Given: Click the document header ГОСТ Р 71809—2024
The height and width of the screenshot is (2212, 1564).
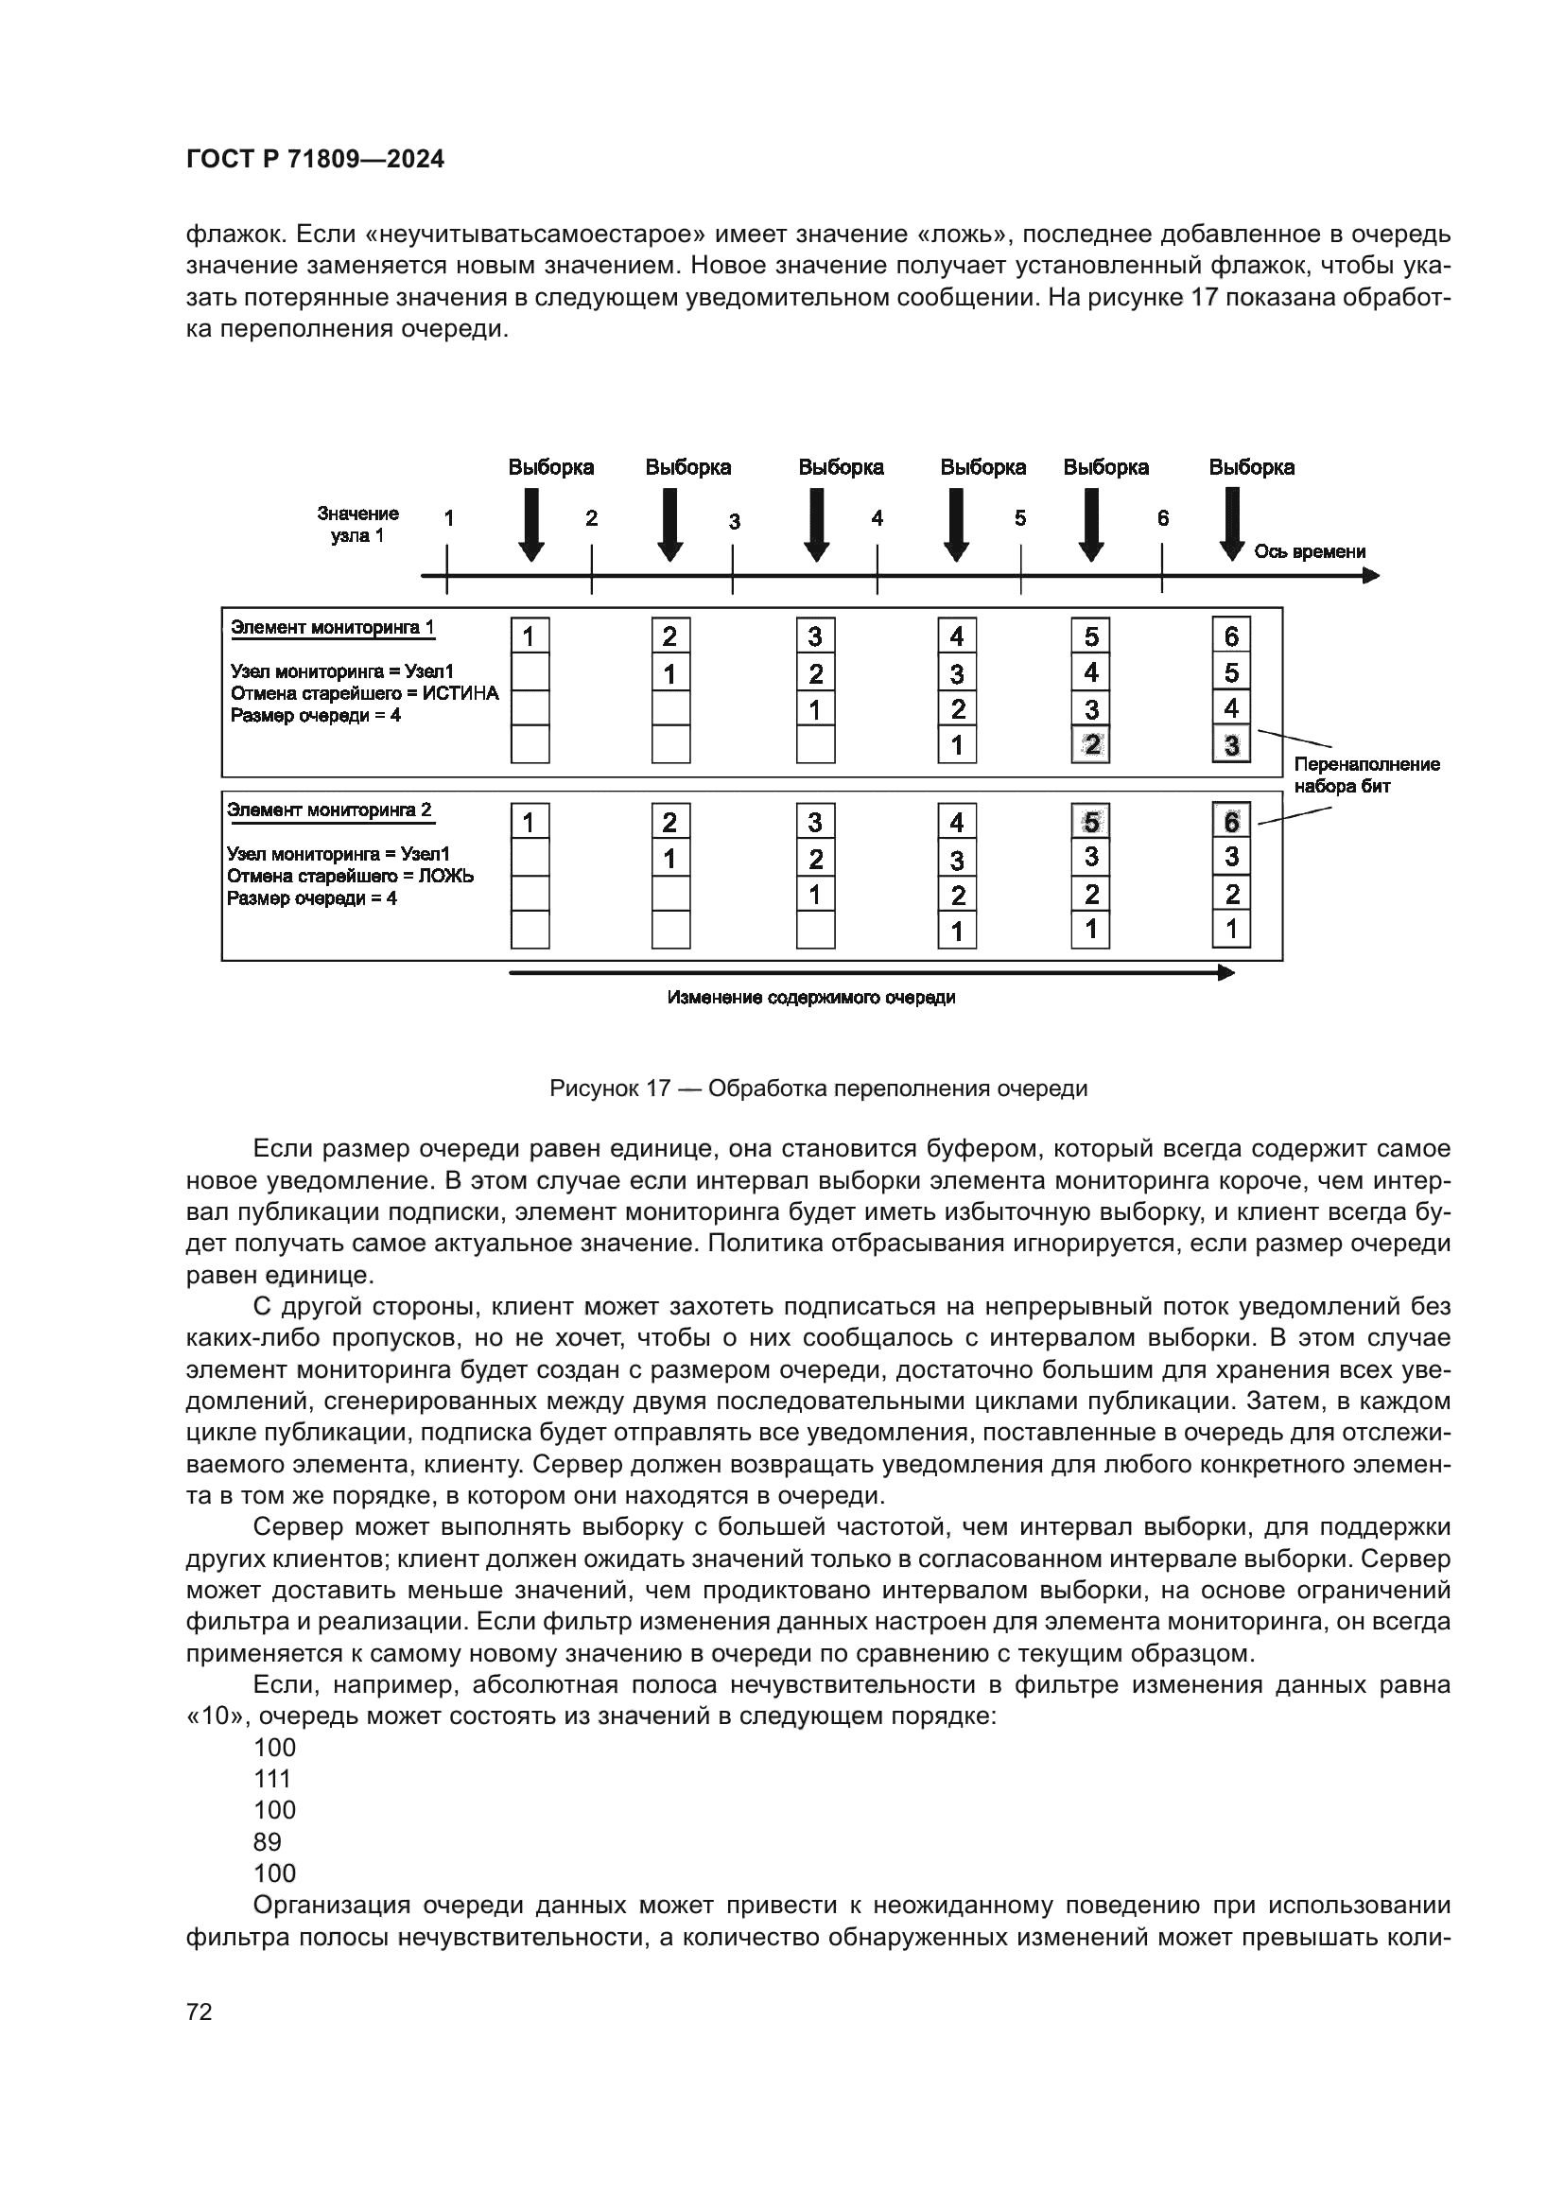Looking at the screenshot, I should [315, 160].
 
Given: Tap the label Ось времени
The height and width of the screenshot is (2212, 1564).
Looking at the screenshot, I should [1309, 552].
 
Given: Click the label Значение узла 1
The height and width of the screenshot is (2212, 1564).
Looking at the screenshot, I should [357, 524].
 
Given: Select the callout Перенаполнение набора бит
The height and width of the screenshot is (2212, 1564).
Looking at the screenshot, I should [1365, 775].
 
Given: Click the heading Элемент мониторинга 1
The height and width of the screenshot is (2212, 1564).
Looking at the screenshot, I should [332, 627].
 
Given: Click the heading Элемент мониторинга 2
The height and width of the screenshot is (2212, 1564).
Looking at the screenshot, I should [329, 810].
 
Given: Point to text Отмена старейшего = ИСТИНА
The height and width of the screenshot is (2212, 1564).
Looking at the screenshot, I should [364, 692].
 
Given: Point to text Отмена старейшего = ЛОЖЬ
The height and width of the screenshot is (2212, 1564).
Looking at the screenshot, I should [350, 876].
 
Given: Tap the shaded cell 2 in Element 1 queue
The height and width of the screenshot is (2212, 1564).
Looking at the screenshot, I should [1090, 744].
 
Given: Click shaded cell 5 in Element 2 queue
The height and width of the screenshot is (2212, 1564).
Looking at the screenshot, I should [1090, 822].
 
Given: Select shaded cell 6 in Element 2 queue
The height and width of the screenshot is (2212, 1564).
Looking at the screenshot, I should [1231, 822].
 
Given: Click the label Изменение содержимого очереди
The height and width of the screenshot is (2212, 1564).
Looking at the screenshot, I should [811, 997].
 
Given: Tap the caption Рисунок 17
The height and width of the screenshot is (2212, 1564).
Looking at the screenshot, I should [818, 1089].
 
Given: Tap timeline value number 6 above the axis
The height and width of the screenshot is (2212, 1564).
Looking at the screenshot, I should [1162, 518].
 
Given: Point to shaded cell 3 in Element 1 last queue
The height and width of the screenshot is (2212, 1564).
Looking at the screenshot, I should [1231, 744].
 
